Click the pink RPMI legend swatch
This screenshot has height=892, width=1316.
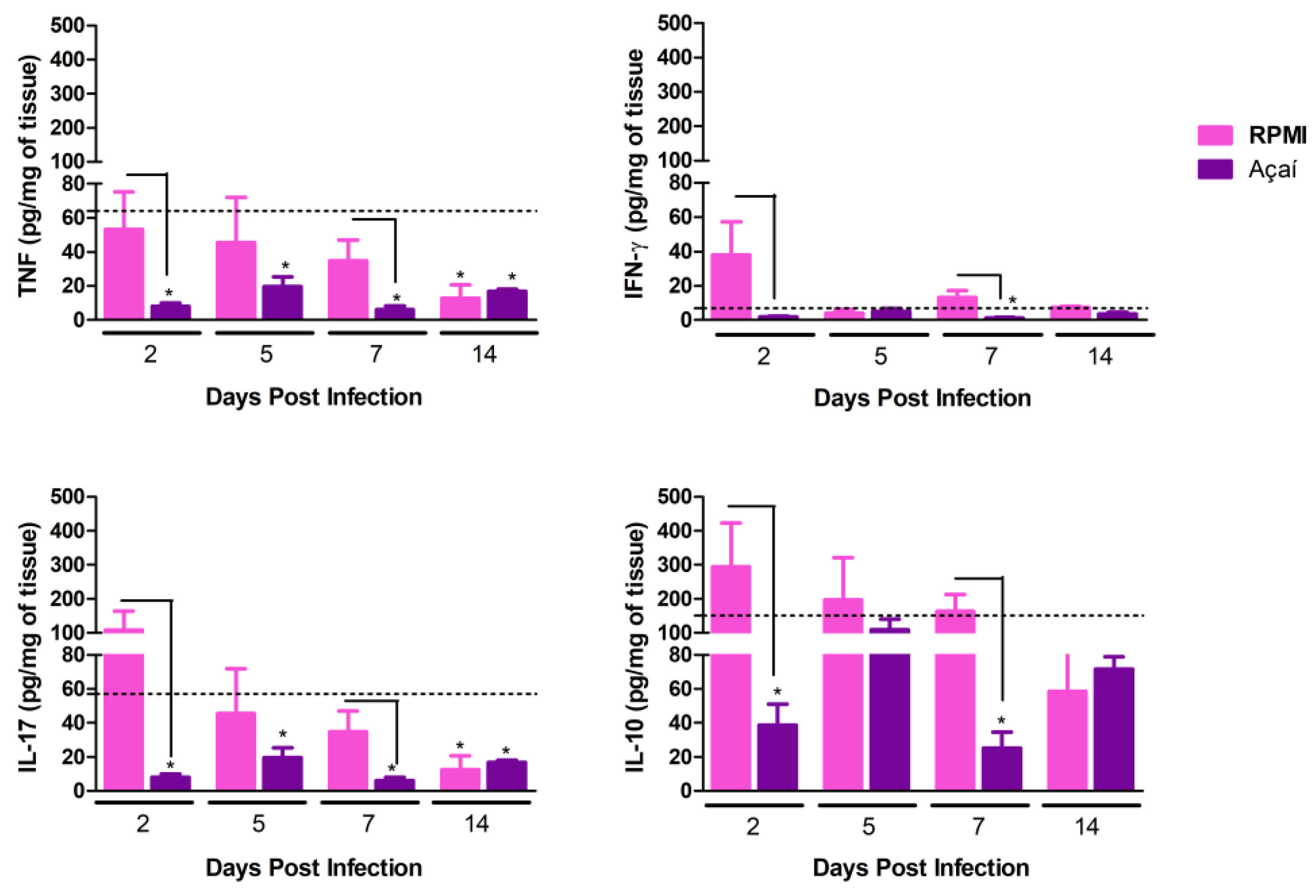pos(1215,135)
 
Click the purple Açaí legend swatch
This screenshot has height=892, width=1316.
pos(1215,169)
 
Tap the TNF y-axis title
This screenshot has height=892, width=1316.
pos(28,176)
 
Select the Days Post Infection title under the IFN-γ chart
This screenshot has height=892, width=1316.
pos(922,398)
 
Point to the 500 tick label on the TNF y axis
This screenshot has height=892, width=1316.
pos(67,26)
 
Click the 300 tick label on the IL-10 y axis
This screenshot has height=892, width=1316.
pos(674,565)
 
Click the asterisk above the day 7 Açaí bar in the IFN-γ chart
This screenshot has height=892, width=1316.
pos(1012,300)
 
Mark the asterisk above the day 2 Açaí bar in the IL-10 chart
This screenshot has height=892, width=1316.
pos(777,692)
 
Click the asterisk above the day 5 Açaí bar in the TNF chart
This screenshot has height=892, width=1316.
pos(285,266)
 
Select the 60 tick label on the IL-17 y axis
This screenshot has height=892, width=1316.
pos(72,689)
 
